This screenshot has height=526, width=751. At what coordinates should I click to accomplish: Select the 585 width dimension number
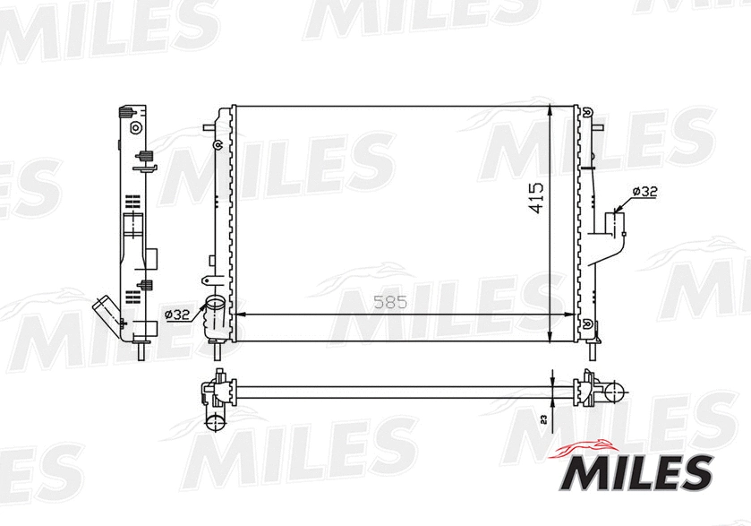(x=390, y=303)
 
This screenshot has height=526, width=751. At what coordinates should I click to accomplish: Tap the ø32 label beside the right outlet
(x=644, y=192)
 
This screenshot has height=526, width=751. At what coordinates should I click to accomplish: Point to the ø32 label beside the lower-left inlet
(x=177, y=314)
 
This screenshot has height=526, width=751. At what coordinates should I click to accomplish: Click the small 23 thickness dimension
(x=543, y=418)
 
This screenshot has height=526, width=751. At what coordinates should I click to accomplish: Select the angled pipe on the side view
(x=106, y=314)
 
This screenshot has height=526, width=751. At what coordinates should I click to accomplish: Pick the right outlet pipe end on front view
(x=617, y=221)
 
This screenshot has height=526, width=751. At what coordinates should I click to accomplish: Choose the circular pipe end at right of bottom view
(x=614, y=391)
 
